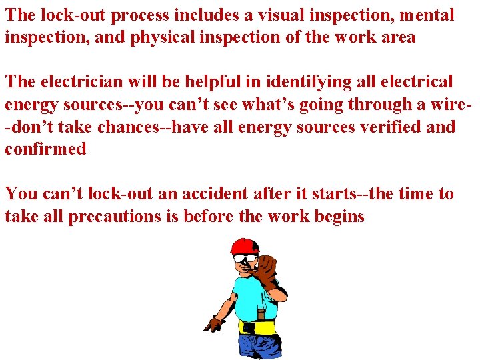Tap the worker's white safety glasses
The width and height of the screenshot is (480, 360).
pos(247,259)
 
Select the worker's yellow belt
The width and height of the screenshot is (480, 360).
pos(257,327)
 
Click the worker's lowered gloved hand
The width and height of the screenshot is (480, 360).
pos(215,325)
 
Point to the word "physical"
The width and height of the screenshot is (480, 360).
pos(157,37)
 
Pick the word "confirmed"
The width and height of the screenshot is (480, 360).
pos(45,149)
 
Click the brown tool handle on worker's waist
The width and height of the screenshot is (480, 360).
pos(261,313)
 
